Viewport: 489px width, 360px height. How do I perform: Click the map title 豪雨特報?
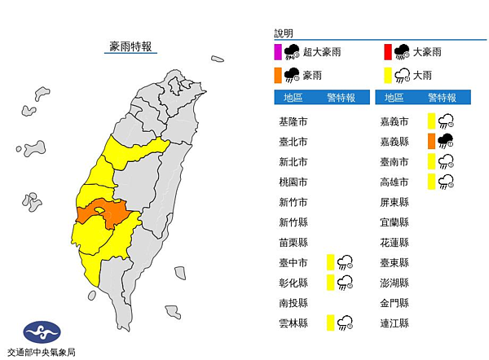133,46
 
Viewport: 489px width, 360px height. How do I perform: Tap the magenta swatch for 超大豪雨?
279,53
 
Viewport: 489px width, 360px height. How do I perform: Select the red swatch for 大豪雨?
387,53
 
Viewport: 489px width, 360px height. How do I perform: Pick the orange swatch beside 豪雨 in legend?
279,75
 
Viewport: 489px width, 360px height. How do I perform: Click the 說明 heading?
283,33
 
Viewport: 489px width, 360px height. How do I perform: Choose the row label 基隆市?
293,121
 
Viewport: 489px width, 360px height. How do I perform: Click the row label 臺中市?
293,262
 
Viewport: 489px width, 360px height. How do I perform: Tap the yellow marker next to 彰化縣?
330,282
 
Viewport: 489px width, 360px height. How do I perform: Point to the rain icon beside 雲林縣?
346,323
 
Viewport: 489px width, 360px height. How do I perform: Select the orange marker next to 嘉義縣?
430,141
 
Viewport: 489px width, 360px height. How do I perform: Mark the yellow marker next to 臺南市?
430,161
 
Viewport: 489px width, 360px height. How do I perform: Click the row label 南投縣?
293,302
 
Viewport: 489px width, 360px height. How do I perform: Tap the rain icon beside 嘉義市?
446,121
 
